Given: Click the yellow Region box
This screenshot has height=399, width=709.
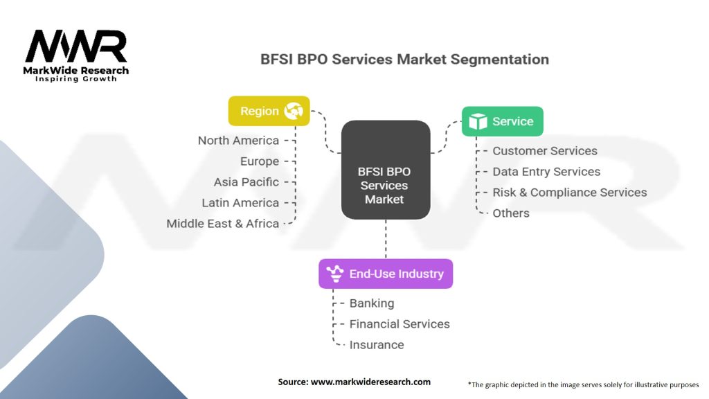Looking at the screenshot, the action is pyautogui.click(x=269, y=111).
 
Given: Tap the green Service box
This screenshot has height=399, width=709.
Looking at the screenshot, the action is pyautogui.click(x=503, y=121).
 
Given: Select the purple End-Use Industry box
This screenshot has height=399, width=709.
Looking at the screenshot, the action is pyautogui.click(x=386, y=274).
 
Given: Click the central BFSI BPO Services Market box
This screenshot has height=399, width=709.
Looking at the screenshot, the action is pyautogui.click(x=386, y=170).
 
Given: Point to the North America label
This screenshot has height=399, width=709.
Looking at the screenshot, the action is pyautogui.click(x=238, y=141).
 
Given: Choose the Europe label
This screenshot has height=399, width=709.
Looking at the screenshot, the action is pyautogui.click(x=260, y=161).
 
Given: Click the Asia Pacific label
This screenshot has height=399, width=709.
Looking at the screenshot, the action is pyautogui.click(x=246, y=182).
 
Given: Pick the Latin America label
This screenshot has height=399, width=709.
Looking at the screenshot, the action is pyautogui.click(x=240, y=203).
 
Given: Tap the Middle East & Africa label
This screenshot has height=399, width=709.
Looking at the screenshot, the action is pyautogui.click(x=222, y=224).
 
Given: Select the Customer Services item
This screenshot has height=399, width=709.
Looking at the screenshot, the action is pyautogui.click(x=545, y=150).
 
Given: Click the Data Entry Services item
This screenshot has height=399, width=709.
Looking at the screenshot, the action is pyautogui.click(x=546, y=172).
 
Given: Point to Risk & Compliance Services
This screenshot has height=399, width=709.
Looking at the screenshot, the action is pyautogui.click(x=570, y=193).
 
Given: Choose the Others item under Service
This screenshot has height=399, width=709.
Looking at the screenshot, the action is pyautogui.click(x=511, y=213).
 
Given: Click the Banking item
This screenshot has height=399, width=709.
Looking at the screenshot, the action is pyautogui.click(x=372, y=303).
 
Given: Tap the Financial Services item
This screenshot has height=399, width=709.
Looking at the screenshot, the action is pyautogui.click(x=400, y=324).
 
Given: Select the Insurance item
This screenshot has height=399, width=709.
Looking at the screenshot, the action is pyautogui.click(x=377, y=345).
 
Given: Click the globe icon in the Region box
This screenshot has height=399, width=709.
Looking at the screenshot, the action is pyautogui.click(x=294, y=111).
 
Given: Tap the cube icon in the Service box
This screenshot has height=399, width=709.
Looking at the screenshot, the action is pyautogui.click(x=478, y=121).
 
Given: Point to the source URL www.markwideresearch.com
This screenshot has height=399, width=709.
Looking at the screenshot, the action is pyautogui.click(x=371, y=382).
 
